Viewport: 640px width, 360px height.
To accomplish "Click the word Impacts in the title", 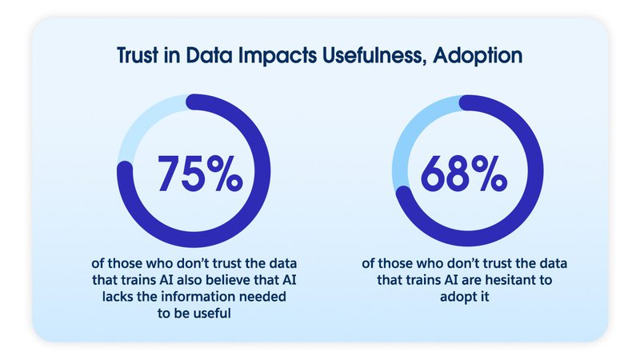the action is pos(277,56).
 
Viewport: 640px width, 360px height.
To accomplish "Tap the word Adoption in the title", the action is pos(478,56).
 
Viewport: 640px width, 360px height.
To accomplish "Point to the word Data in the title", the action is pos(209,55).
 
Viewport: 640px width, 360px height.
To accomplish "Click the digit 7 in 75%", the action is pos(169,174).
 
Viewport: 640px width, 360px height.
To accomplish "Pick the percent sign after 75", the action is pos(225,174).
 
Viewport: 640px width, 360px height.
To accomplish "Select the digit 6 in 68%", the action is pos(434,174).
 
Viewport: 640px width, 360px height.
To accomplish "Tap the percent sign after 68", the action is pos(489,174).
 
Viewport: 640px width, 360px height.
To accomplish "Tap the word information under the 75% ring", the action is pos(199,296).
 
